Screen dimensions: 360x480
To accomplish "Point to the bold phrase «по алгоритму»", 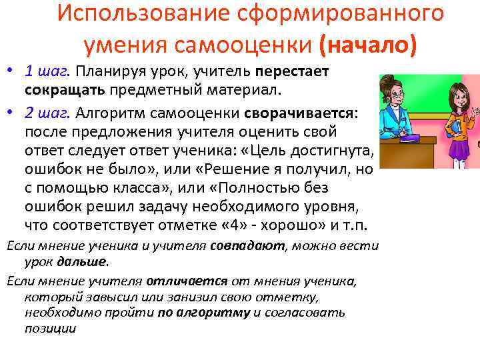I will point(204,311).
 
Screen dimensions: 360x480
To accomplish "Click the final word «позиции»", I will point(51,328).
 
